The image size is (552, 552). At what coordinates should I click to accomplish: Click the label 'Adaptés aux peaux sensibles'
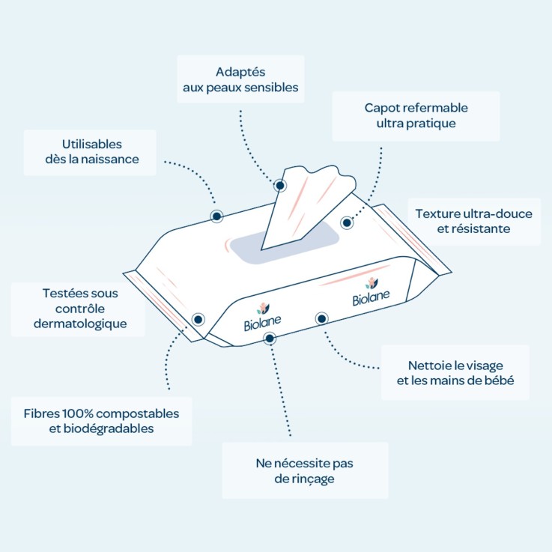[x=240, y=79]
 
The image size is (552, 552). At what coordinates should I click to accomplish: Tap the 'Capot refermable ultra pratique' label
[x=416, y=116]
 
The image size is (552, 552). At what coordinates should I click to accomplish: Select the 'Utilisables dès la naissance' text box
[x=90, y=152]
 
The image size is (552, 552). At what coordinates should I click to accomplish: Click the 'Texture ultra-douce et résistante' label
[x=474, y=221]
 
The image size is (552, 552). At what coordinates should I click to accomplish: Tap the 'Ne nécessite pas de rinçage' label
[x=305, y=470]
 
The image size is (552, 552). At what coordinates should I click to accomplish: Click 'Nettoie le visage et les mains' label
[x=455, y=372]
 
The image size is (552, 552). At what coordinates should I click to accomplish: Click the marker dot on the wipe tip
[x=280, y=186]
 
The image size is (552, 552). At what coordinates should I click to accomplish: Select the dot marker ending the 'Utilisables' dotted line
[x=217, y=216]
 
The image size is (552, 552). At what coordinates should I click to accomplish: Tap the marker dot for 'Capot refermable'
[x=347, y=222]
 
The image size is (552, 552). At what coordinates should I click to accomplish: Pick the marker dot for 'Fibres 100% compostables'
[x=198, y=319]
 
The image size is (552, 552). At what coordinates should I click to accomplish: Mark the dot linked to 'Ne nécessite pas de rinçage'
[x=270, y=339]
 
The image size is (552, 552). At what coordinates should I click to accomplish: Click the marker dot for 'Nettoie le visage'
[x=321, y=319]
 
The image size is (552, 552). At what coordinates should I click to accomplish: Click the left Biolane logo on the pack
[x=262, y=317]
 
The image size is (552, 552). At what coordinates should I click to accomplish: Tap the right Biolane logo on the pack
[x=371, y=292]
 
